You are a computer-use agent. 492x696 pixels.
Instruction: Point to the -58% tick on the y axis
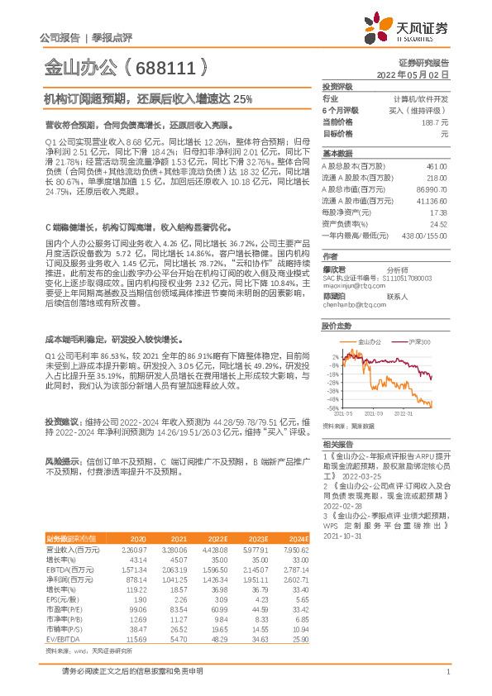332,408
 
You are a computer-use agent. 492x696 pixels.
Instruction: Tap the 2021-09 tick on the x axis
375,413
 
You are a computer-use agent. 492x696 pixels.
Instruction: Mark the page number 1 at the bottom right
447,671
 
